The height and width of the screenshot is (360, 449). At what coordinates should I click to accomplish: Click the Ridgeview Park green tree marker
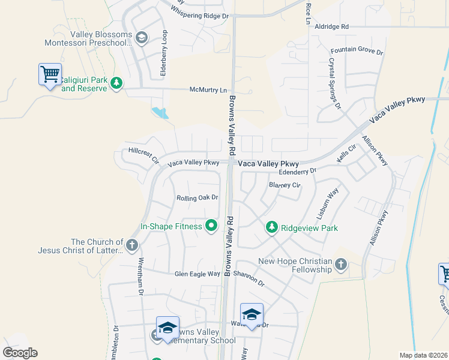[272, 227]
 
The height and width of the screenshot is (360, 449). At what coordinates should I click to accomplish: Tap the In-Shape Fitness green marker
[211, 226]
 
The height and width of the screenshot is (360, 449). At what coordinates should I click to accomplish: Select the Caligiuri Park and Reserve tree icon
[116, 84]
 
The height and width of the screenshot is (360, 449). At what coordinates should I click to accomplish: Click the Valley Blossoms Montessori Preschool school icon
[142, 39]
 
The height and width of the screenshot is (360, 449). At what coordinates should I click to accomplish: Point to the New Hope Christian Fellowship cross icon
[341, 264]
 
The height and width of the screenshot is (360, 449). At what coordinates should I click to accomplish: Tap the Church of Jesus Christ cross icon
[132, 245]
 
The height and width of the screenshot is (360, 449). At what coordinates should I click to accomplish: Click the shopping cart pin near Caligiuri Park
[50, 75]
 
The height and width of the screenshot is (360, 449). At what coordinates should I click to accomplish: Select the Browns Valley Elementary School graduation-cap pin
[167, 328]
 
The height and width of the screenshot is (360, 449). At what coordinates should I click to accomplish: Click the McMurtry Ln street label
[208, 90]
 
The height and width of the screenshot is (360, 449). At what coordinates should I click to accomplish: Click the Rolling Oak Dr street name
[197, 198]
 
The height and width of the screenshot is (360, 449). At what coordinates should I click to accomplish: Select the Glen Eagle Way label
[197, 274]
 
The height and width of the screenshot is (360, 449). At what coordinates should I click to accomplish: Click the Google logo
[20, 353]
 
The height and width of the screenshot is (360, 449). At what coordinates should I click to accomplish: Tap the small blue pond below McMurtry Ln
[160, 112]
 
